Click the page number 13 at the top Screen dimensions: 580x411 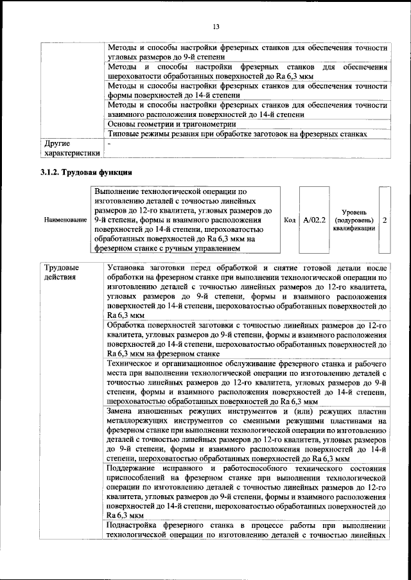[216, 26]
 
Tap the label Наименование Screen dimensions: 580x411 [66, 220]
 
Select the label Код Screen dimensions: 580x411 [290, 220]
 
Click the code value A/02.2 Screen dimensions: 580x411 [315, 220]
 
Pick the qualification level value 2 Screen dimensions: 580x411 [384, 220]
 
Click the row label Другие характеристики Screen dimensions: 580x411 [71, 148]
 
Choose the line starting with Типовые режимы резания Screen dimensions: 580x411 [237, 134]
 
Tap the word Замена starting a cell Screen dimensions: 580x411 [123, 410]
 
